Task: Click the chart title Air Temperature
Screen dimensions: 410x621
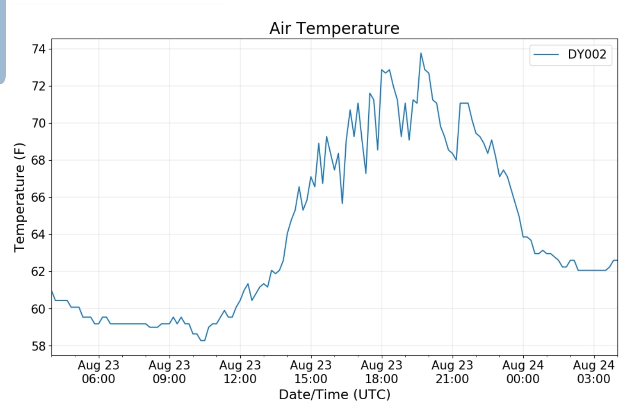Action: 334,29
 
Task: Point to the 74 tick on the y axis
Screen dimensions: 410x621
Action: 38,49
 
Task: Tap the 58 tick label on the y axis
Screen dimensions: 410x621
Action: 38,346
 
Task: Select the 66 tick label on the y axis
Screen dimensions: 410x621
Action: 38,197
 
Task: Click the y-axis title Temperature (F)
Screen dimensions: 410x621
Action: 20,197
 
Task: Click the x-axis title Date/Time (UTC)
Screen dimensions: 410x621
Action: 334,394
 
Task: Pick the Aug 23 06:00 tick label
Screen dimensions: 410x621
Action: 99,372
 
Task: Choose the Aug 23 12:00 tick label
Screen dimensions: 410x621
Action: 240,372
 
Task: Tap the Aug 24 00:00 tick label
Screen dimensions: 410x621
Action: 523,372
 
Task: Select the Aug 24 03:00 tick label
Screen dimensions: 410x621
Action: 593,372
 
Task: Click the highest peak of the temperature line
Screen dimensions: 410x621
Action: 420,54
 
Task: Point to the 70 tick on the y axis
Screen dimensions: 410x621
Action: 38,124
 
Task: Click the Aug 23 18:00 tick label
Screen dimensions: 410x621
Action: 382,372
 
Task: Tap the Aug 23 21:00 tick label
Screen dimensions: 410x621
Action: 452,372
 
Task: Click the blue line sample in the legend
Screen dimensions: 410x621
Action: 546,54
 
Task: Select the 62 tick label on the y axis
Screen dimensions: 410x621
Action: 38,272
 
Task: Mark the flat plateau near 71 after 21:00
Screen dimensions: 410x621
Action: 464,103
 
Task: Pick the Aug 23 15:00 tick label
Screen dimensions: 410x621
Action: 311,372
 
